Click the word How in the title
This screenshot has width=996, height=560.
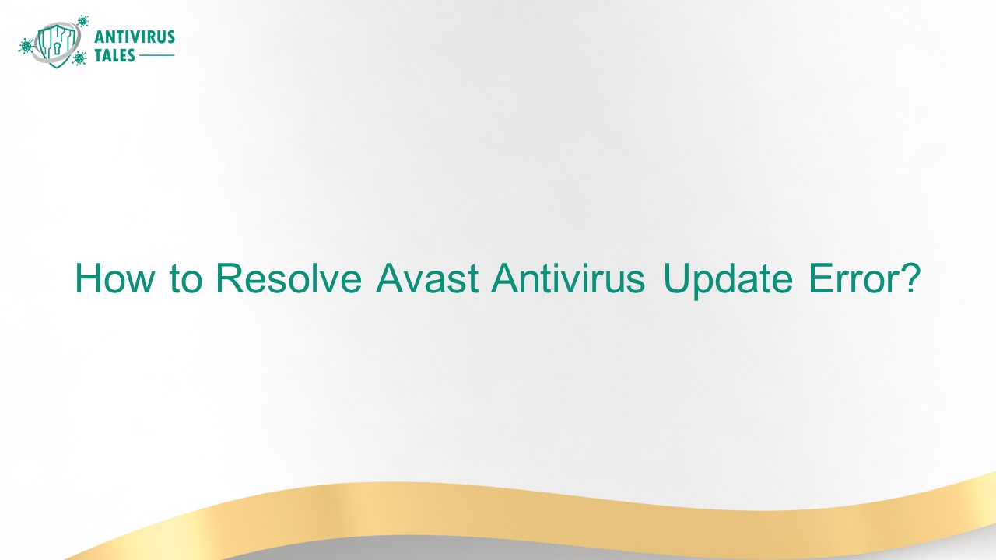click(113, 278)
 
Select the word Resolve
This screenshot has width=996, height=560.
click(289, 278)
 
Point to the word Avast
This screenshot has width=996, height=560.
click(426, 278)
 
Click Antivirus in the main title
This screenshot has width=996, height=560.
click(568, 278)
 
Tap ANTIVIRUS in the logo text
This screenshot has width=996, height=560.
click(134, 37)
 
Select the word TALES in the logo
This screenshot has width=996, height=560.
click(115, 56)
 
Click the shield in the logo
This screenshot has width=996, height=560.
click(58, 44)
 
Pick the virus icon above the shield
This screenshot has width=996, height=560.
click(83, 20)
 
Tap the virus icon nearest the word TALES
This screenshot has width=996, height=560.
click(79, 58)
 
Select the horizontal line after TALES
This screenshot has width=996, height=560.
click(157, 56)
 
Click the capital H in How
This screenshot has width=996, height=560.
click(87, 278)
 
